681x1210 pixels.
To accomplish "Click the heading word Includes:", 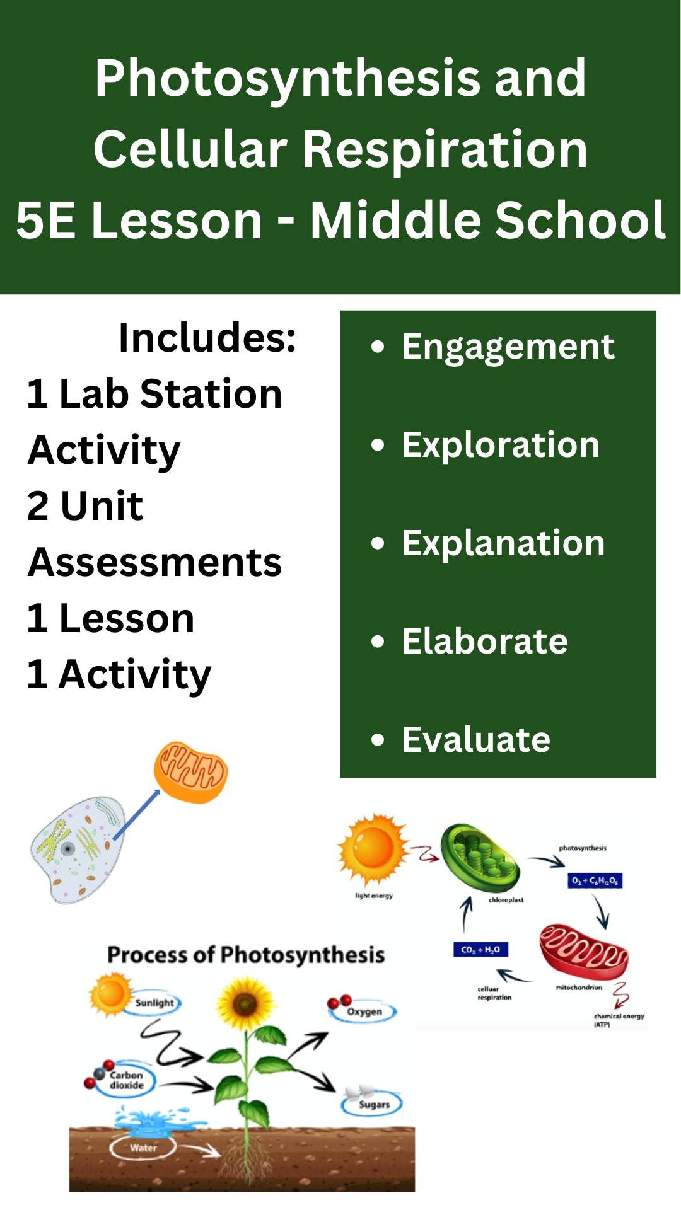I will [x=207, y=337].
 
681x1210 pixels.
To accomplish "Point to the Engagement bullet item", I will [x=508, y=346].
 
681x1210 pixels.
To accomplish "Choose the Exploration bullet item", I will [x=501, y=444].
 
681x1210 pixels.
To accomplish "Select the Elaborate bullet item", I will [x=484, y=641].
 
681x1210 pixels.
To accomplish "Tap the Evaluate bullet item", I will [x=476, y=739].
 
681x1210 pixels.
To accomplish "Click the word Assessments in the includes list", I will [x=154, y=562].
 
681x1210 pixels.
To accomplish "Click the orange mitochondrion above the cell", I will [x=191, y=772].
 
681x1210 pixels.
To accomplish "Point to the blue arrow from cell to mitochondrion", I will [x=136, y=814].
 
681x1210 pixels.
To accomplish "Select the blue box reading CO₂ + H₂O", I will [x=480, y=949].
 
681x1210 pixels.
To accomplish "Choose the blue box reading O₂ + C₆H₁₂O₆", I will [x=595, y=880].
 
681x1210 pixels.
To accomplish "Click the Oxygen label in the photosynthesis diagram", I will [x=364, y=1011].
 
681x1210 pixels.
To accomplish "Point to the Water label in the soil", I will [x=143, y=1148].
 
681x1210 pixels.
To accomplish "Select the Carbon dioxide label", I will [x=126, y=1080].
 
